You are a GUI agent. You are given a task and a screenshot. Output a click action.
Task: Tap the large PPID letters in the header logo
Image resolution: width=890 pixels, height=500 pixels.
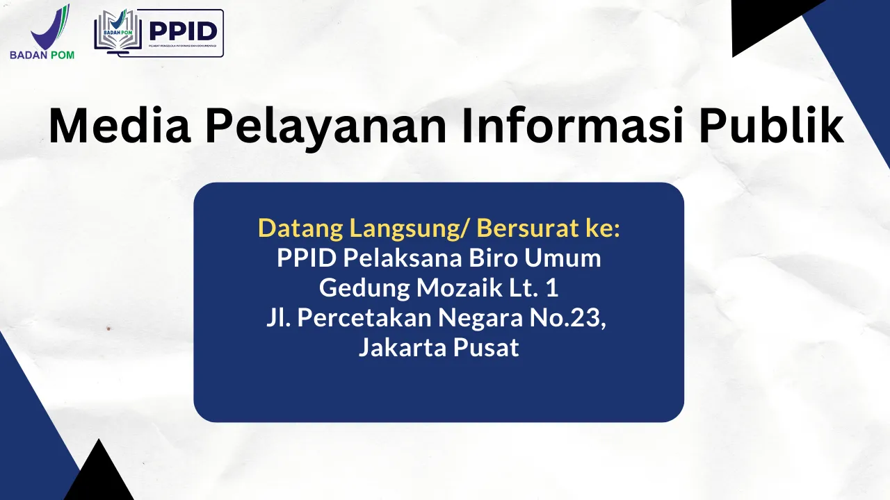pos(183,31)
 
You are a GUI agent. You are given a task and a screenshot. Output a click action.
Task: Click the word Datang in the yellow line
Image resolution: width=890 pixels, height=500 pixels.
pos(300,228)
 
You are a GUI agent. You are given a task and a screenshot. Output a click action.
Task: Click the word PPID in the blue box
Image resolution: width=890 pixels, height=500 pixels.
pos(307,258)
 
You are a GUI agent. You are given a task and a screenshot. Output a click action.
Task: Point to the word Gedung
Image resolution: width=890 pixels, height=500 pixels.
pos(358,287)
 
